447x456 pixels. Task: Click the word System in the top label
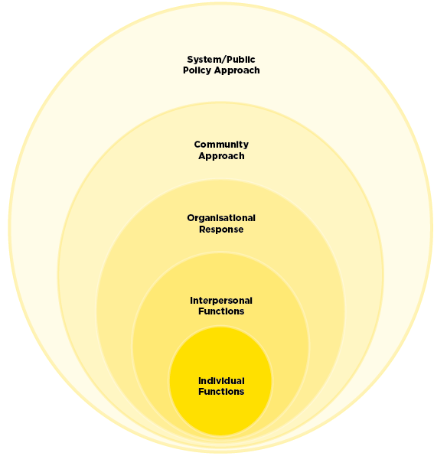pyautogui.click(x=204, y=60)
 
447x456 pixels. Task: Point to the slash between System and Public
pyautogui.click(x=223, y=60)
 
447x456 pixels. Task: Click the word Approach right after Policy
pyautogui.click(x=237, y=70)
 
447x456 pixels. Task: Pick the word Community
pyautogui.click(x=221, y=145)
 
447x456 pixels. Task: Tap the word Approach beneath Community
pyautogui.click(x=221, y=156)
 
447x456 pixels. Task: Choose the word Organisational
pyautogui.click(x=221, y=218)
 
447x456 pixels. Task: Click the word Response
pyautogui.click(x=221, y=230)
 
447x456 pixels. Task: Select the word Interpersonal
pyautogui.click(x=221, y=301)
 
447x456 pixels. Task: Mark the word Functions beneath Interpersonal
pyautogui.click(x=221, y=311)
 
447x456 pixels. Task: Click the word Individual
pyautogui.click(x=221, y=381)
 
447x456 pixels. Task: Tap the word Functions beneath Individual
pyautogui.click(x=221, y=392)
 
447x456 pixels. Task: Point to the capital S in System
pyautogui.click(x=191, y=60)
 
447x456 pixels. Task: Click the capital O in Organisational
pyautogui.click(x=191, y=218)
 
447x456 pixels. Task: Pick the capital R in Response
pyautogui.click(x=203, y=230)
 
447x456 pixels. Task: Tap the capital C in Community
pyautogui.click(x=198, y=145)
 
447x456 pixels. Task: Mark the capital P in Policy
pyautogui.click(x=186, y=70)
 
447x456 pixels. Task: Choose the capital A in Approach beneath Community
pyautogui.click(x=203, y=155)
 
